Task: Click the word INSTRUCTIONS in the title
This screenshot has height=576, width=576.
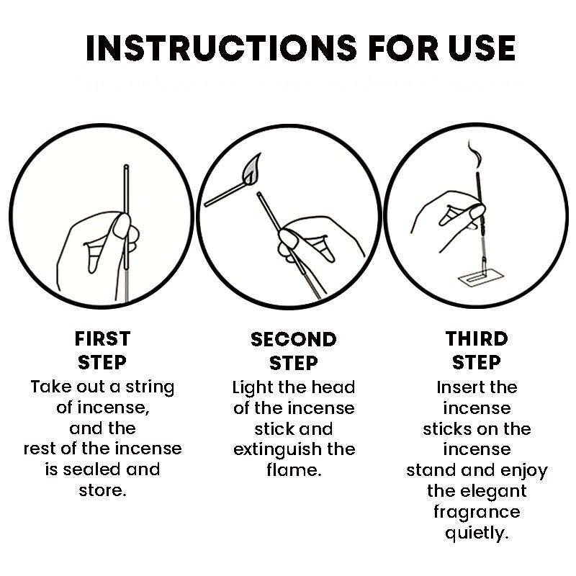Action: pyautogui.click(x=221, y=48)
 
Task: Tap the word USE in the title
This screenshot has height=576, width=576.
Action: pyautogui.click(x=482, y=48)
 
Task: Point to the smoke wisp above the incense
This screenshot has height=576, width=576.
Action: pyautogui.click(x=475, y=154)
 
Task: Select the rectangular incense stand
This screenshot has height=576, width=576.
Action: pyautogui.click(x=481, y=278)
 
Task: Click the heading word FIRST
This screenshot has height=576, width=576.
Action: pyautogui.click(x=102, y=338)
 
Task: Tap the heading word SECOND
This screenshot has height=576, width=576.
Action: pyautogui.click(x=294, y=339)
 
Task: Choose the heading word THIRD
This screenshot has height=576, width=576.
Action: pyautogui.click(x=477, y=338)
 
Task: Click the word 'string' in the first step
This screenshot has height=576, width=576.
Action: pyautogui.click(x=150, y=388)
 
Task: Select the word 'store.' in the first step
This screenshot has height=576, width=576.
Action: pyautogui.click(x=102, y=490)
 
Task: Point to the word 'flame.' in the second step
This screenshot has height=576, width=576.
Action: pyautogui.click(x=294, y=470)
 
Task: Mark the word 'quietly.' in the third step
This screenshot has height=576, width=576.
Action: pyautogui.click(x=477, y=533)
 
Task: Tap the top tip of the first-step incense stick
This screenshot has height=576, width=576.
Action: pyautogui.click(x=126, y=166)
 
